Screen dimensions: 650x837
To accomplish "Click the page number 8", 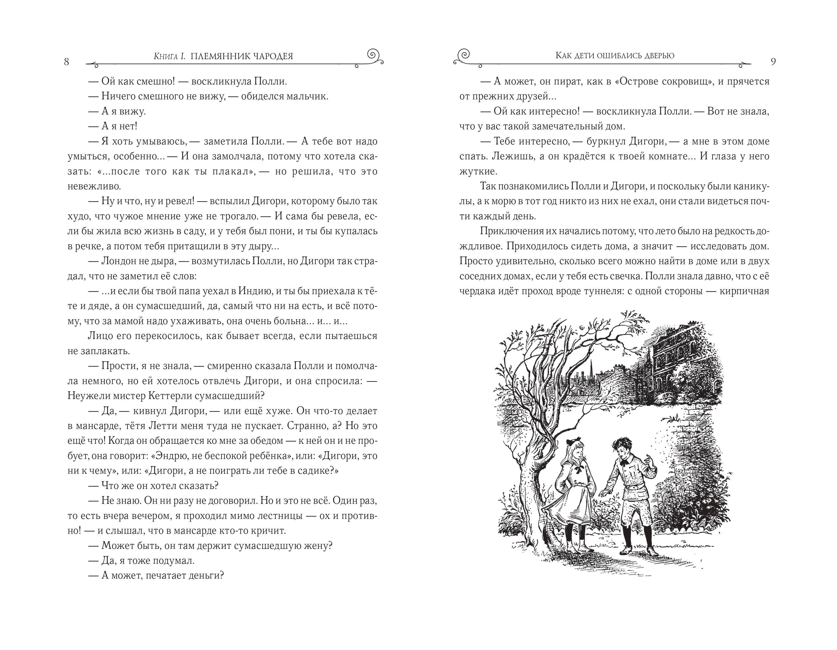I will click(x=66, y=62).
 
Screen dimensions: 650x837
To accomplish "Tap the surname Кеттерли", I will click(x=173, y=396).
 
